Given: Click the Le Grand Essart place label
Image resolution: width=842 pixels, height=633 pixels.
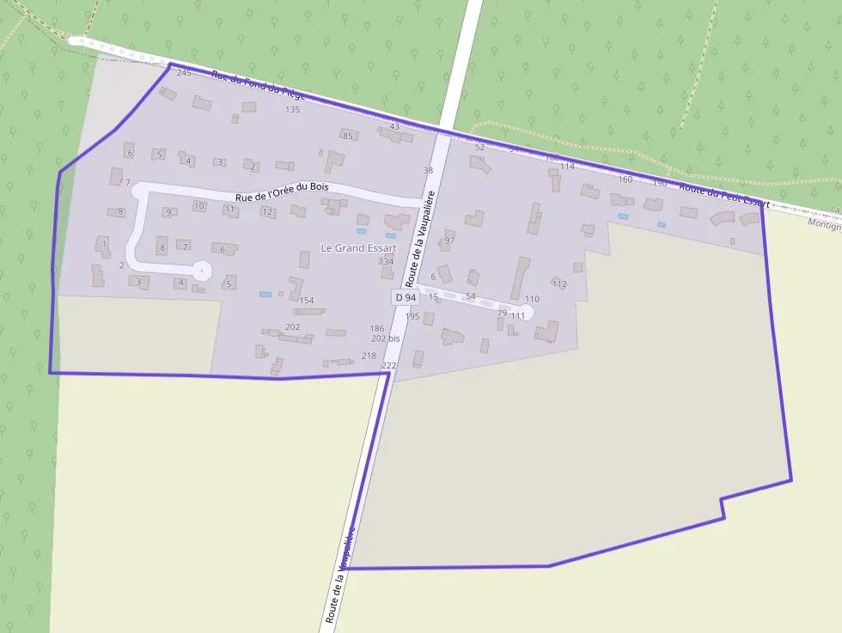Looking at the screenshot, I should [358, 248].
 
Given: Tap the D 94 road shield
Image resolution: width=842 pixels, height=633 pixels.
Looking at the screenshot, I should [405, 297].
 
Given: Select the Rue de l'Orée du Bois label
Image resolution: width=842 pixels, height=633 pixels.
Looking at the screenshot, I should [283, 191].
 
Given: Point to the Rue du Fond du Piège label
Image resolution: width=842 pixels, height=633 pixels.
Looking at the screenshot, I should [259, 86].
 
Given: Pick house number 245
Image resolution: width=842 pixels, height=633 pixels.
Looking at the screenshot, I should [184, 73].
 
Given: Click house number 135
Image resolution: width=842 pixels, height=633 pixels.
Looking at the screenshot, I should [293, 110].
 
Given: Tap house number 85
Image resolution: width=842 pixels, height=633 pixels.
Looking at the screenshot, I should [348, 137].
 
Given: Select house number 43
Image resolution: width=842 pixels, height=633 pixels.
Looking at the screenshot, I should [394, 127].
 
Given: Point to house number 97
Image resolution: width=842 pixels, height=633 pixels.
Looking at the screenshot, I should [449, 241].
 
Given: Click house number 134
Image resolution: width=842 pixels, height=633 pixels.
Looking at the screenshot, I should [387, 262].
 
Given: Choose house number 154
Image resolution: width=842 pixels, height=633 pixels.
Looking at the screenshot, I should [307, 301].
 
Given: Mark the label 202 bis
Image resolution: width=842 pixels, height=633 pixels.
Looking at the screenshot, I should [386, 339].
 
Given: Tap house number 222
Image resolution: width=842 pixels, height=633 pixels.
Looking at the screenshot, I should [388, 367].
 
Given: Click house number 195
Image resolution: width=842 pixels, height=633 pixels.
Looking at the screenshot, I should [412, 317].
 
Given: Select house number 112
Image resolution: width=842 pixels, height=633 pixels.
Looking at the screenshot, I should [560, 284].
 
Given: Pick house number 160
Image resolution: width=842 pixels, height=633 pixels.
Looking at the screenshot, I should [625, 180].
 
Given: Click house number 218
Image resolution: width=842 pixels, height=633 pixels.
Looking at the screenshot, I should [369, 356].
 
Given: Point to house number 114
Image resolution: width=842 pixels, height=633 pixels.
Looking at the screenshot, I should [567, 167].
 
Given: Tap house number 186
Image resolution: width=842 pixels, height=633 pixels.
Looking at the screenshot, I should [377, 329].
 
